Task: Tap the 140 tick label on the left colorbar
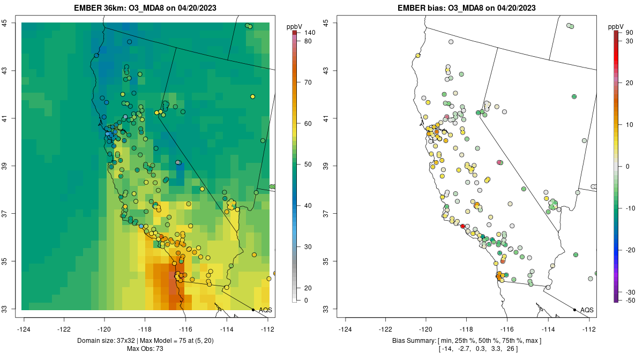pyautogui.click(x=309, y=33)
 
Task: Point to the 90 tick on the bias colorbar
pyautogui.click(x=630, y=33)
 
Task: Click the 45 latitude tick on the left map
pyautogui.click(x=11, y=22)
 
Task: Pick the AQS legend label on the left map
pyautogui.click(x=266, y=310)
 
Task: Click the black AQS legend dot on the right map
pyautogui.click(x=574, y=310)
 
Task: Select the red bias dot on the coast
pyautogui.click(x=463, y=227)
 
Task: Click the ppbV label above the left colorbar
pyautogui.click(x=295, y=27)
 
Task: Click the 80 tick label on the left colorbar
pyautogui.click(x=308, y=41)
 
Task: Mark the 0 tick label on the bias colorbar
pyautogui.click(x=627, y=166)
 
